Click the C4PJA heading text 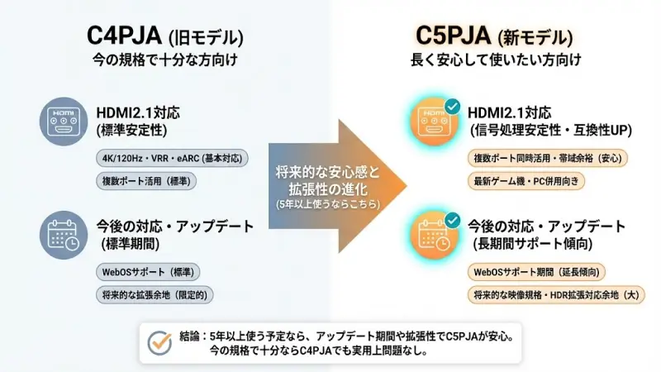(x=125, y=36)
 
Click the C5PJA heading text (x=454, y=36)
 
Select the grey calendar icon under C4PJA (x=64, y=234)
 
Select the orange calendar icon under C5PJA (x=435, y=234)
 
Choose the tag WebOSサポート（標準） (x=150, y=271)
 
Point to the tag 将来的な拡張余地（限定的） (x=155, y=293)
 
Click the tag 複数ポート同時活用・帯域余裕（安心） (x=549, y=158)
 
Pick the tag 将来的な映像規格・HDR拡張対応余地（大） (x=556, y=293)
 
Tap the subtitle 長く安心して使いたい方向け (x=496, y=60)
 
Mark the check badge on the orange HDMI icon (x=453, y=106)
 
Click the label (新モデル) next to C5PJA (x=535, y=37)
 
